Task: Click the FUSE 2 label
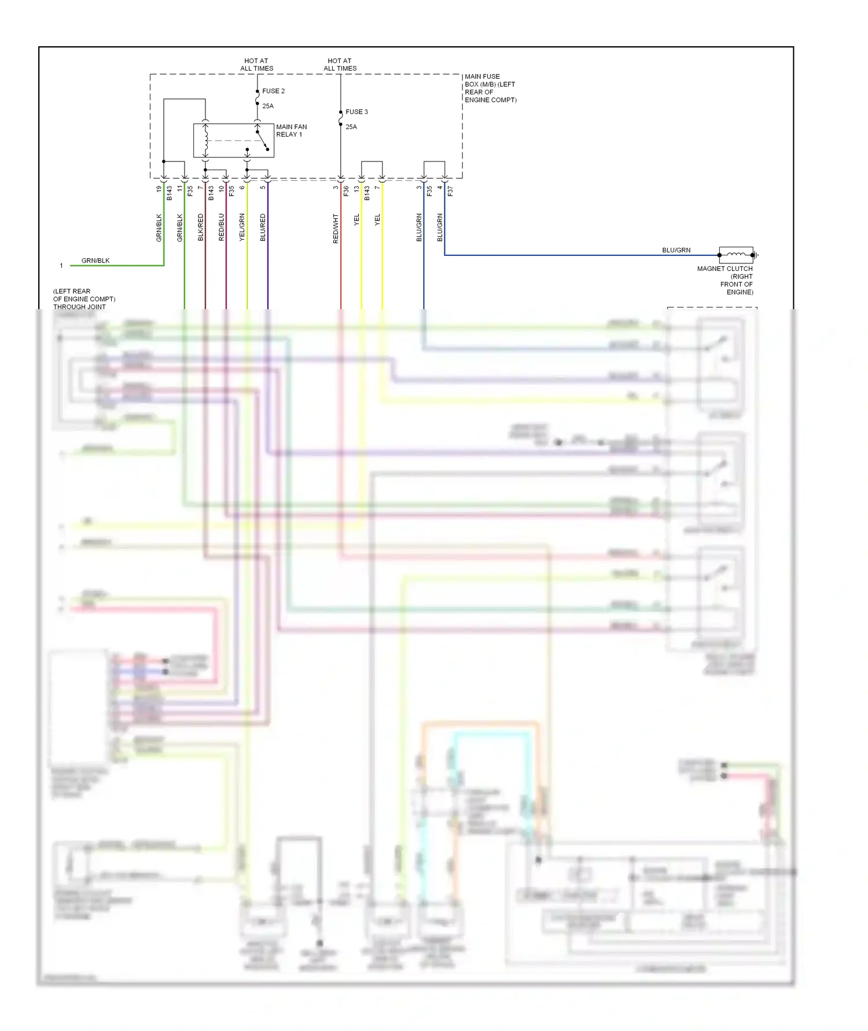(x=273, y=91)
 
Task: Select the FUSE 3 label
(x=356, y=112)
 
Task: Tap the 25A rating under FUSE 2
(x=268, y=106)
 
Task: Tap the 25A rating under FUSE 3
(x=351, y=127)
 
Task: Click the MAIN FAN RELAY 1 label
(x=291, y=130)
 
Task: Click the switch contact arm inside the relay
(x=262, y=140)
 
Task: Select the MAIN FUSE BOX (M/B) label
(x=490, y=88)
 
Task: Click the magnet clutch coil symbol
(x=736, y=254)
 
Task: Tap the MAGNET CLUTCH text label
(x=724, y=269)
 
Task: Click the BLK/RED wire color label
(x=201, y=227)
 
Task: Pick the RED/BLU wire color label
(x=222, y=227)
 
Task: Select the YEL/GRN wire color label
(x=242, y=227)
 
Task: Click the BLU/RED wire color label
(x=263, y=227)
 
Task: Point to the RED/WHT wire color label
(x=336, y=228)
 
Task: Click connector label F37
(x=450, y=190)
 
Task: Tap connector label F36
(x=346, y=190)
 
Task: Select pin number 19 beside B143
(x=159, y=188)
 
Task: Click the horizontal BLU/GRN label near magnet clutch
(x=676, y=250)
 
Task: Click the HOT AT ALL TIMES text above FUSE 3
(x=340, y=64)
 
